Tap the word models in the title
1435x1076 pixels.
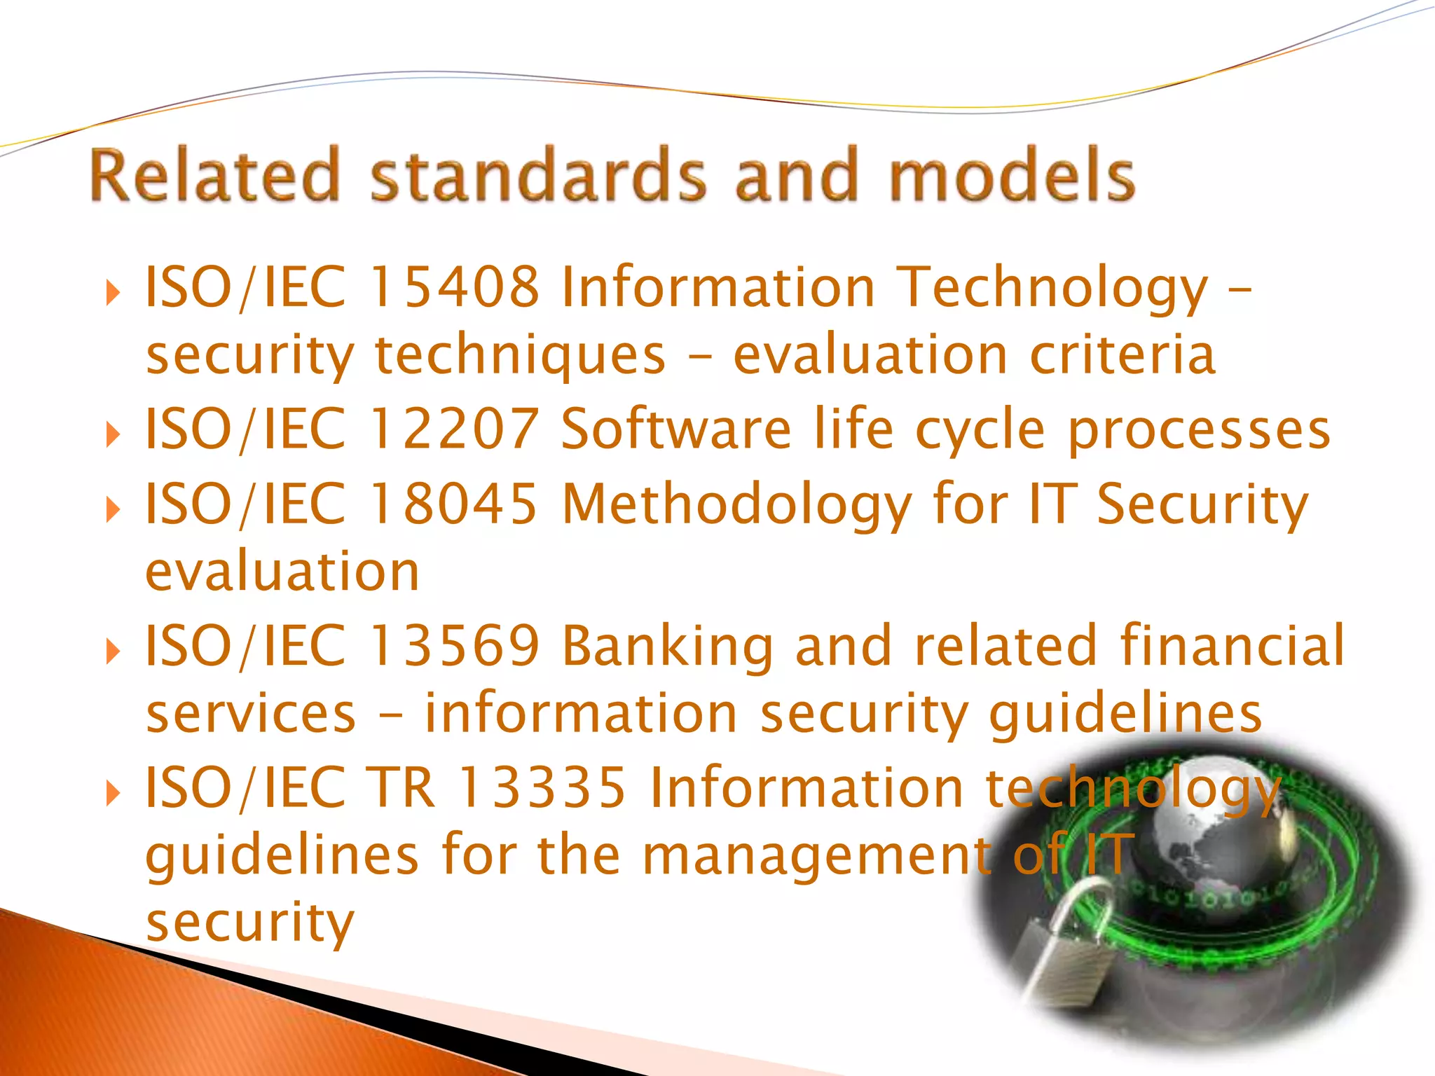pos(1012,175)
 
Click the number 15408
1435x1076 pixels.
pos(454,287)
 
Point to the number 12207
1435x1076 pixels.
pos(454,429)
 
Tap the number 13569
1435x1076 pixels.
pos(454,645)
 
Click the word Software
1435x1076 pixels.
pos(676,429)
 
